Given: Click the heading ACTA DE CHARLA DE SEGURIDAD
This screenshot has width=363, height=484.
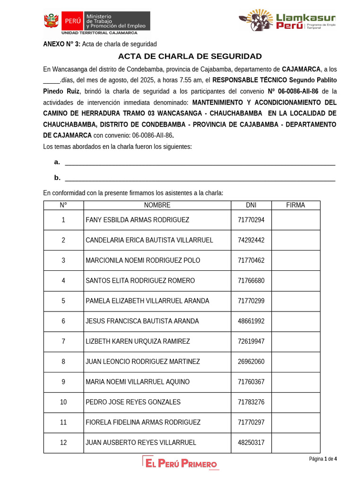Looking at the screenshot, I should [190, 56].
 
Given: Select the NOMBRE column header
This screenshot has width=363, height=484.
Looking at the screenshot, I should [157, 205].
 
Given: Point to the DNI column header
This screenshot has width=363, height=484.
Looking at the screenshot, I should [251, 205].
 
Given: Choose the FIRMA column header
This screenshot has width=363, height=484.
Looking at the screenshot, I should [295, 205].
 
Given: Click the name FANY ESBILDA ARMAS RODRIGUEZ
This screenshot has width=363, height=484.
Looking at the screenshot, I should [137, 220].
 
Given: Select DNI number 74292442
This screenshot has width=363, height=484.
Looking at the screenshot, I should [251, 240].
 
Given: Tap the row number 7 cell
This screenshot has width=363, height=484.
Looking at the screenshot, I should [63, 341].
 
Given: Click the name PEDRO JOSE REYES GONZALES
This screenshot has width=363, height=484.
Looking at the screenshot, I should [133, 402].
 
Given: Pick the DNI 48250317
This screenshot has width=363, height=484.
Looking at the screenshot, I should [251, 443].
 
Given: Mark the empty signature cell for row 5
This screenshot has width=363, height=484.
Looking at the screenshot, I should [295, 301].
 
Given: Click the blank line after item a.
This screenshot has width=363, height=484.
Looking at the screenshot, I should [199, 163].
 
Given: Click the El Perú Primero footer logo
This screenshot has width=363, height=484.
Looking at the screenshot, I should [181, 463].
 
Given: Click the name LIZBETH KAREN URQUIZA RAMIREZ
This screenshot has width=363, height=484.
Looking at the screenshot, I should [138, 341].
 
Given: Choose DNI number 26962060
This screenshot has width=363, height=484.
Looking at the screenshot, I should [251, 362].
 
